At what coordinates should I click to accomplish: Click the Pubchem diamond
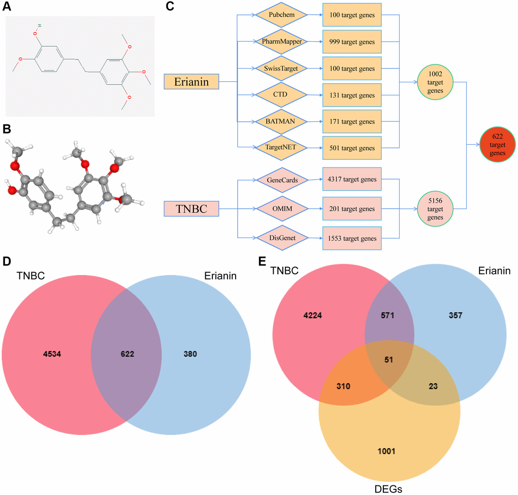coord(281,15)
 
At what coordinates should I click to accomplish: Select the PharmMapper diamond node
coord(281,42)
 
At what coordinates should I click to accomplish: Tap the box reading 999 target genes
coord(351,42)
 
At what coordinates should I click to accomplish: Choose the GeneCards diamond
coord(281,180)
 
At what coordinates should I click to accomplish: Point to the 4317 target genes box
coord(351,180)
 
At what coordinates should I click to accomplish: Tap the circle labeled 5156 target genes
coord(435,209)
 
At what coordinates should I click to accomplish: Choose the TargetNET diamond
coord(281,148)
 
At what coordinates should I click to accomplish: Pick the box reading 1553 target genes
coord(351,238)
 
